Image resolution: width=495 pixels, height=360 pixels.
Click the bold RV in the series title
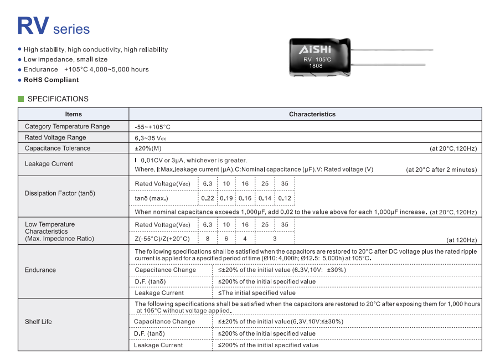(x=33, y=26)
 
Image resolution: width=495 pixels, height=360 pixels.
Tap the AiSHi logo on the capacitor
(x=315, y=50)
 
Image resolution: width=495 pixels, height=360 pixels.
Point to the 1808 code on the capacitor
(x=315, y=66)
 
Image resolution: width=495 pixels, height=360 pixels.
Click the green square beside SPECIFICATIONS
(x=21, y=99)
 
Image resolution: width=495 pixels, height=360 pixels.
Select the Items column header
(x=73, y=114)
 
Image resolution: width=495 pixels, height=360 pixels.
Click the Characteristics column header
(x=312, y=114)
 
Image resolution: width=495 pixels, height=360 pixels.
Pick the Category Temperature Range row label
(x=67, y=126)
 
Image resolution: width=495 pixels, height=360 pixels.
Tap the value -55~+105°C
(x=152, y=127)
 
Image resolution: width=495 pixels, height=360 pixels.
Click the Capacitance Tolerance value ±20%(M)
(x=148, y=148)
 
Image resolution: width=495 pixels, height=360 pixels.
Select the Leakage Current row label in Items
(x=49, y=163)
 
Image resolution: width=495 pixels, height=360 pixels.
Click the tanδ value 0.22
(x=208, y=198)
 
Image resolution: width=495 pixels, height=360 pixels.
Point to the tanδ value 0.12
(x=285, y=198)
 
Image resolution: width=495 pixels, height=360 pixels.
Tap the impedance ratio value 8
(x=208, y=239)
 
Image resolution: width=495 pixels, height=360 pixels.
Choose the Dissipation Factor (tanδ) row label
(x=60, y=193)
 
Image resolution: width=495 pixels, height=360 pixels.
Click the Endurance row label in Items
(x=40, y=270)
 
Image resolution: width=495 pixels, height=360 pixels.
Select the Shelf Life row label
(x=38, y=322)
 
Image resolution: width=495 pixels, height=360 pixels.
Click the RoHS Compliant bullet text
(x=51, y=80)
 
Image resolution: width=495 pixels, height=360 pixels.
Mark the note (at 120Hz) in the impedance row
(x=461, y=240)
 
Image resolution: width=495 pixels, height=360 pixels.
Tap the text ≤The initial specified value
(x=257, y=292)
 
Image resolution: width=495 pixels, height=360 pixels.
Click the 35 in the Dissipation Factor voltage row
(x=285, y=184)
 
